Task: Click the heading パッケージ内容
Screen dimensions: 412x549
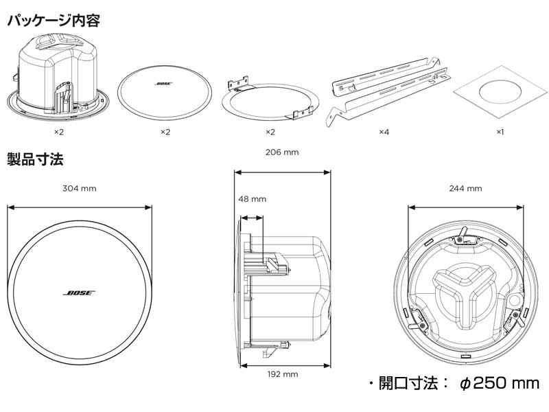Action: click(54, 21)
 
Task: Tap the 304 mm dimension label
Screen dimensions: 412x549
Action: click(80, 188)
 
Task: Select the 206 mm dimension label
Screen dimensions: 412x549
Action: click(283, 153)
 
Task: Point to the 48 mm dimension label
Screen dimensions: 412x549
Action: click(252, 199)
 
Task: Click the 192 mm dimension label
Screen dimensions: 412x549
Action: click(283, 374)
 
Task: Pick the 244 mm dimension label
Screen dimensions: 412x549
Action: click(465, 188)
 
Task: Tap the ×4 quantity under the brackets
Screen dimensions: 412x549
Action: click(384, 131)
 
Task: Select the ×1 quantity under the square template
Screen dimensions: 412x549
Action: click(500, 131)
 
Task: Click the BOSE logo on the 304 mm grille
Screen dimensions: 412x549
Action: click(80, 293)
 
